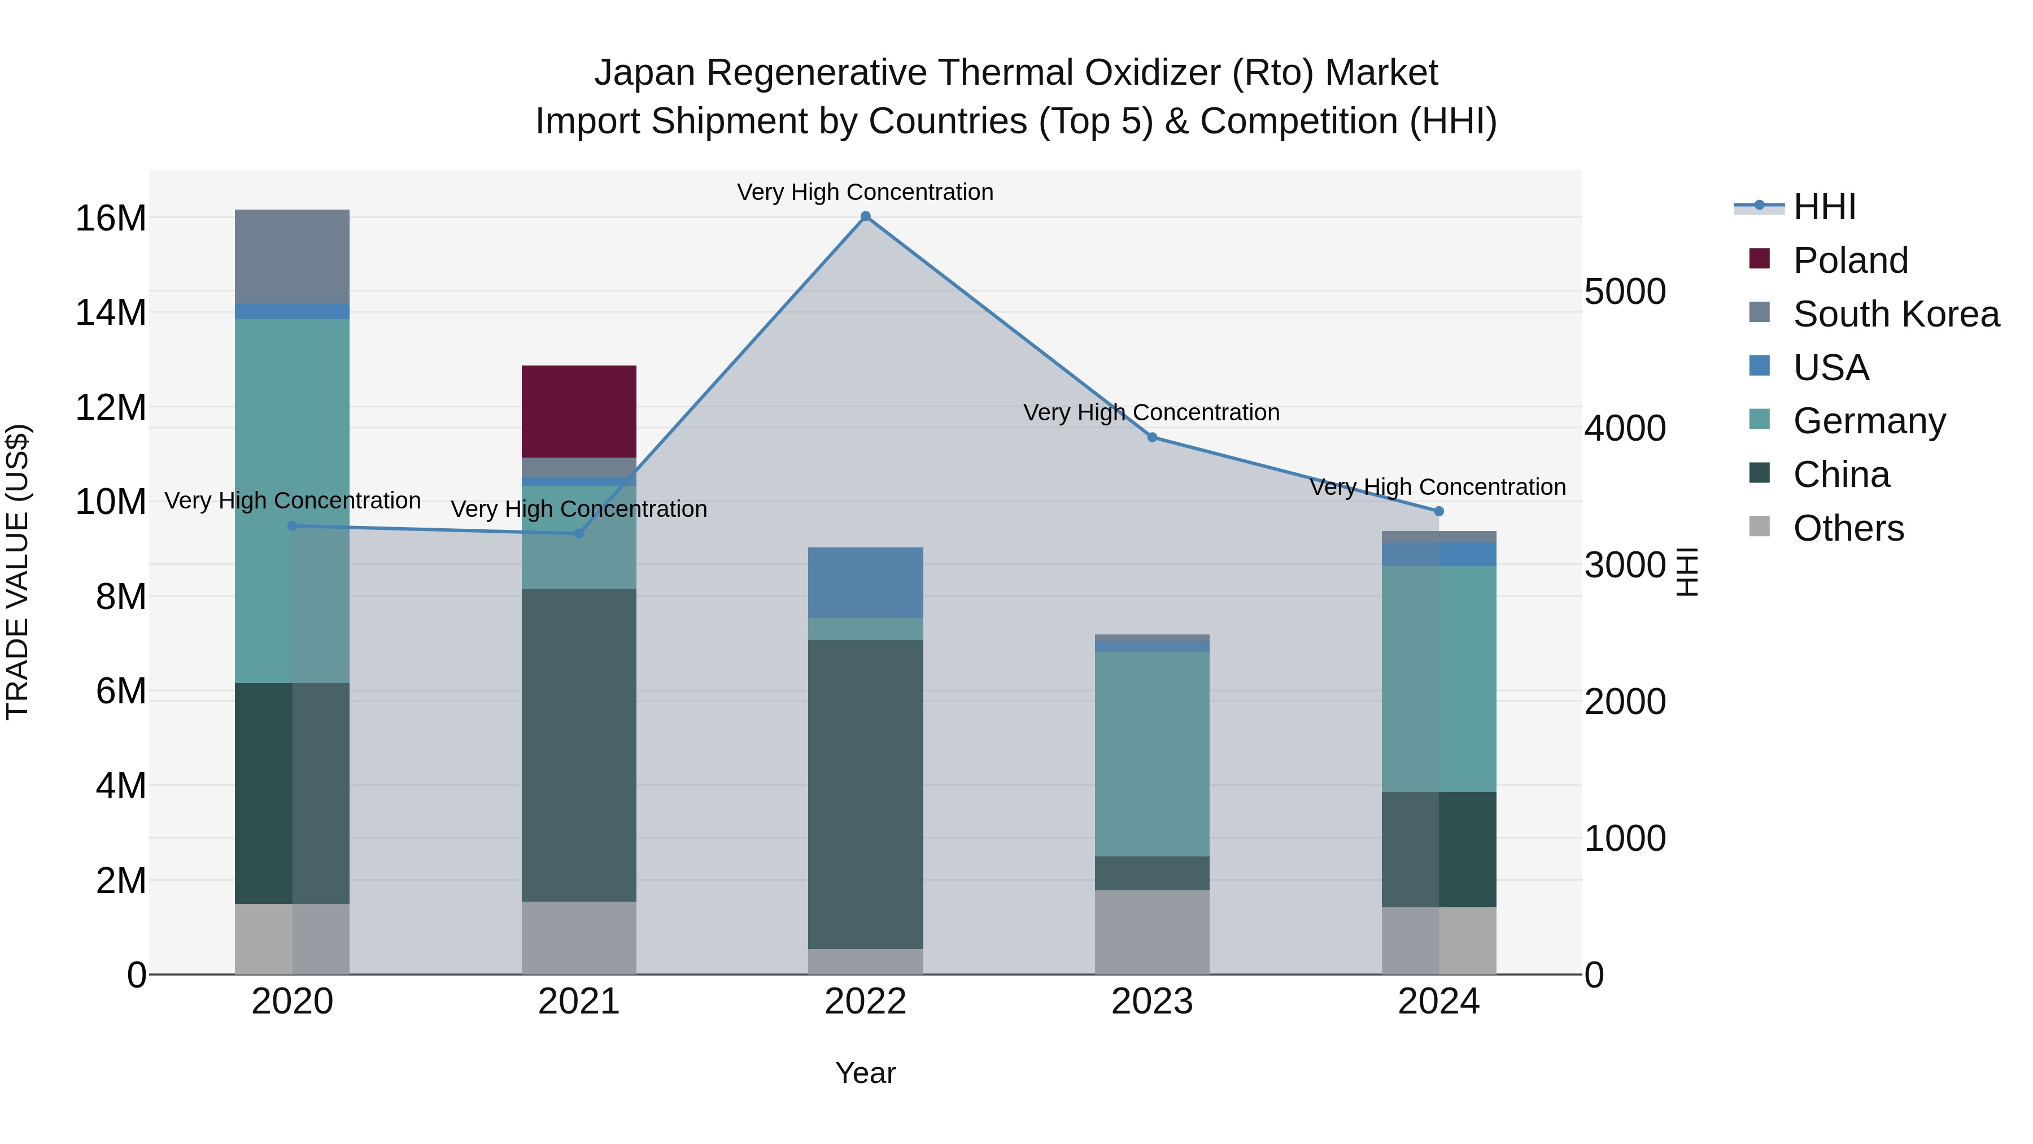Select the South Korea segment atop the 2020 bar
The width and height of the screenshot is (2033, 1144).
[292, 256]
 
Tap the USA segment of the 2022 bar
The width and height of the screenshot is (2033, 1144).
[865, 582]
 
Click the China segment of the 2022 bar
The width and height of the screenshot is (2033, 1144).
[865, 794]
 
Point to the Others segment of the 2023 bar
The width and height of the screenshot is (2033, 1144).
[1151, 932]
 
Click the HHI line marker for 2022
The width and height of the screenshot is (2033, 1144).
[865, 216]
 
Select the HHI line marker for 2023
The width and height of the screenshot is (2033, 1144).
[1151, 437]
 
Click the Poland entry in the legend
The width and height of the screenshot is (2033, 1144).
[1850, 260]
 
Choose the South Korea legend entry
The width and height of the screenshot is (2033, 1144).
[1896, 314]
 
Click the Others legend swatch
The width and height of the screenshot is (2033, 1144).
[1759, 527]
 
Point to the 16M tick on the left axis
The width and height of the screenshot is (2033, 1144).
[111, 218]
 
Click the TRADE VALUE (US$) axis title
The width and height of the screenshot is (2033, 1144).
[18, 572]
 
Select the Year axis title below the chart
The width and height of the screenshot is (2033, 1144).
[865, 1073]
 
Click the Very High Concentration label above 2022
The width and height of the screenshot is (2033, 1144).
[865, 192]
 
